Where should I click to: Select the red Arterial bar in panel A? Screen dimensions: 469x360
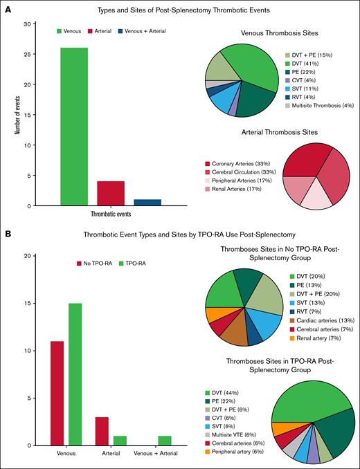(110, 194)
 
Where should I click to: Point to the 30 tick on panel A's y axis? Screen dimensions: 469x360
(26, 24)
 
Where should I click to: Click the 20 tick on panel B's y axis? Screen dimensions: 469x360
(26, 256)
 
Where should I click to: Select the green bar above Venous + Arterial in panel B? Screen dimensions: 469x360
(164, 441)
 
